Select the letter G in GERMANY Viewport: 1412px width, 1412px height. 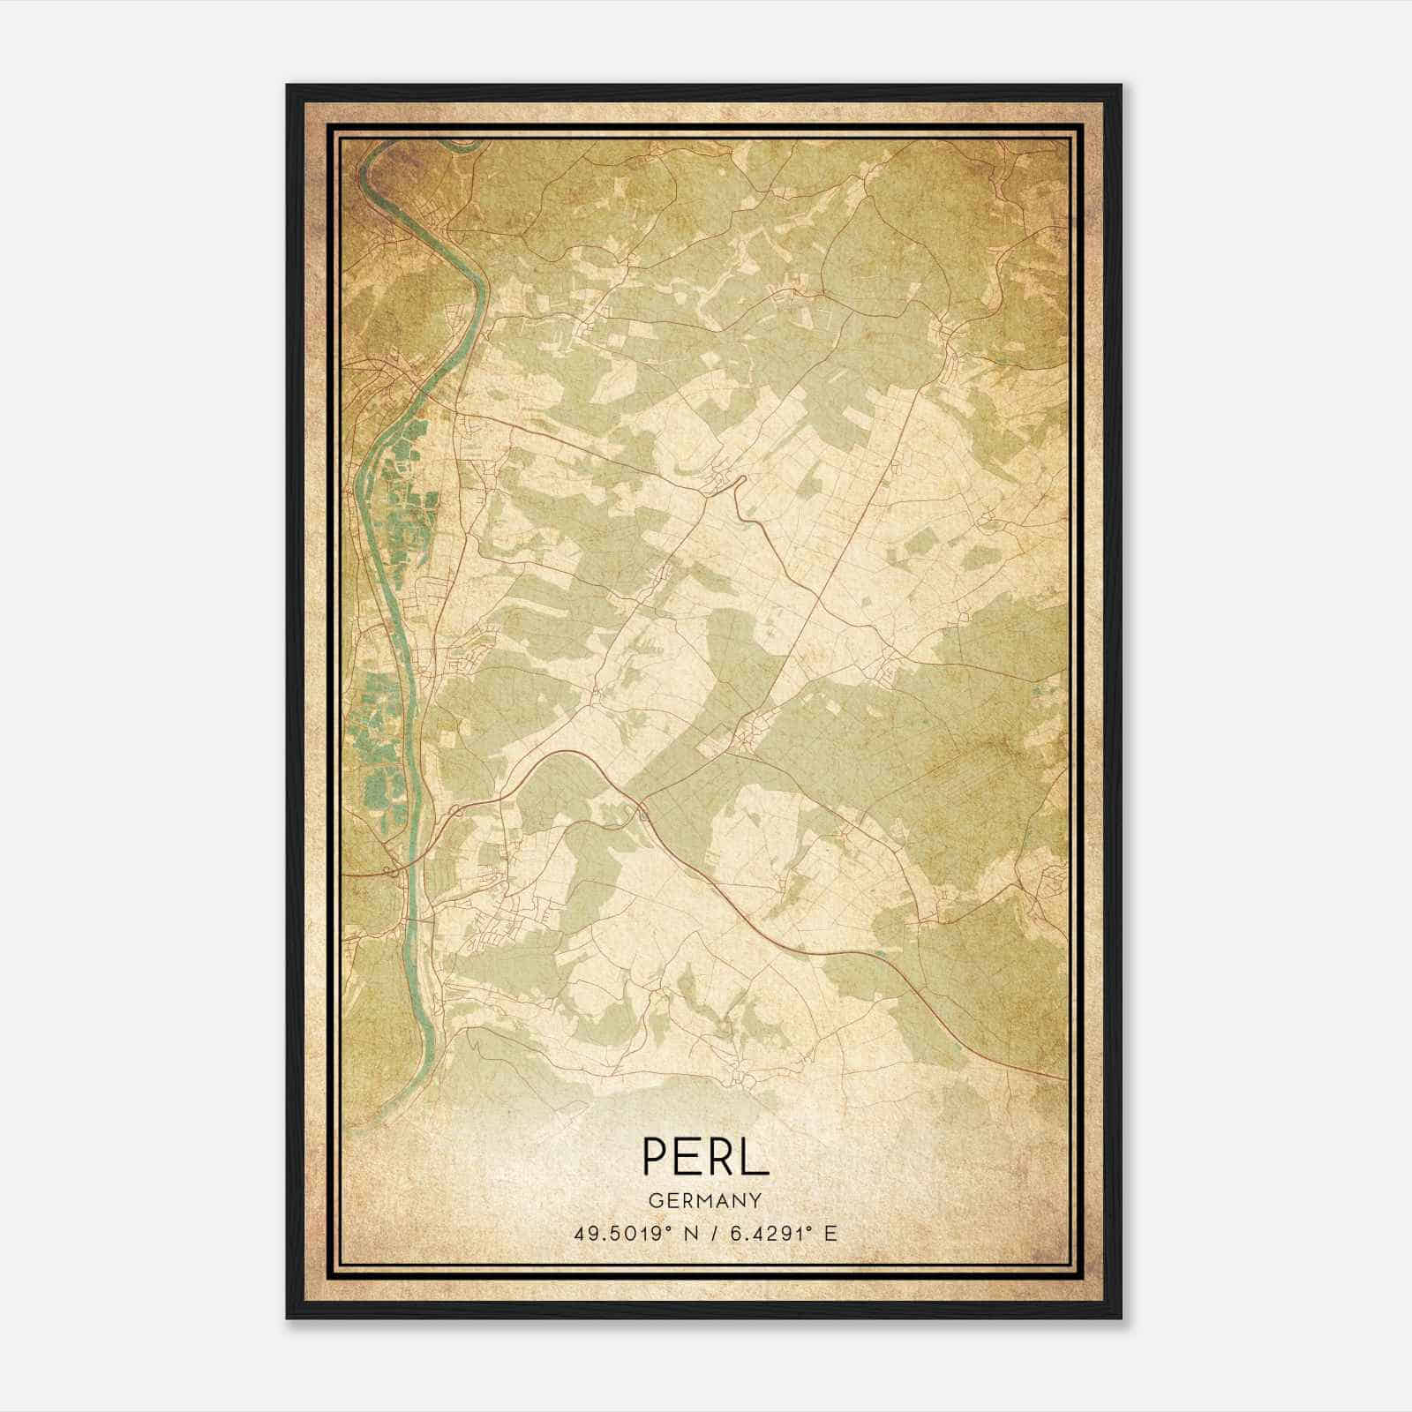(654, 1200)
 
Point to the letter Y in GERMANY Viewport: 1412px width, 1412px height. (756, 1200)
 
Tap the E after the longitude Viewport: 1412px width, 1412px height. (830, 1233)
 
